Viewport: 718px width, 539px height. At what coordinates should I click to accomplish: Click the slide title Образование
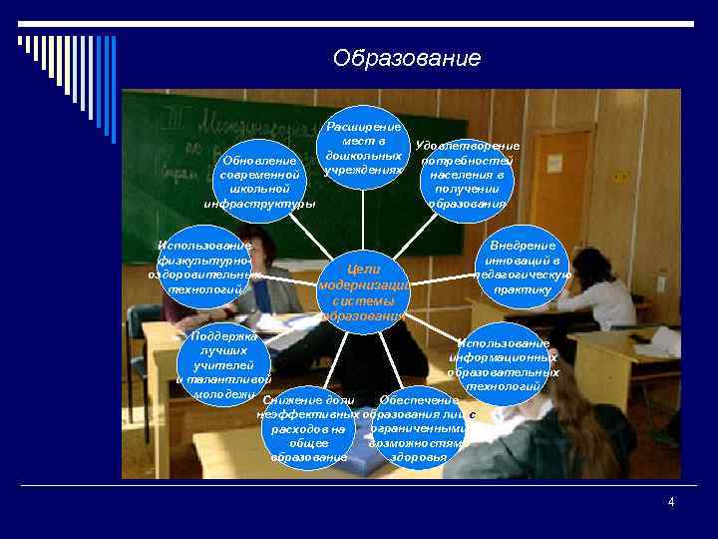click(407, 59)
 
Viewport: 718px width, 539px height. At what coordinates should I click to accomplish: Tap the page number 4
click(671, 502)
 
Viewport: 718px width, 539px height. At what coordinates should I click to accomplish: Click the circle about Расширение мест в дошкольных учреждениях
click(364, 149)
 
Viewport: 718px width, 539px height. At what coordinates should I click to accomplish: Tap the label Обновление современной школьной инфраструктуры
click(259, 182)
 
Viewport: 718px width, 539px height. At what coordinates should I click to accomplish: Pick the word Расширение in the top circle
click(364, 127)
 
